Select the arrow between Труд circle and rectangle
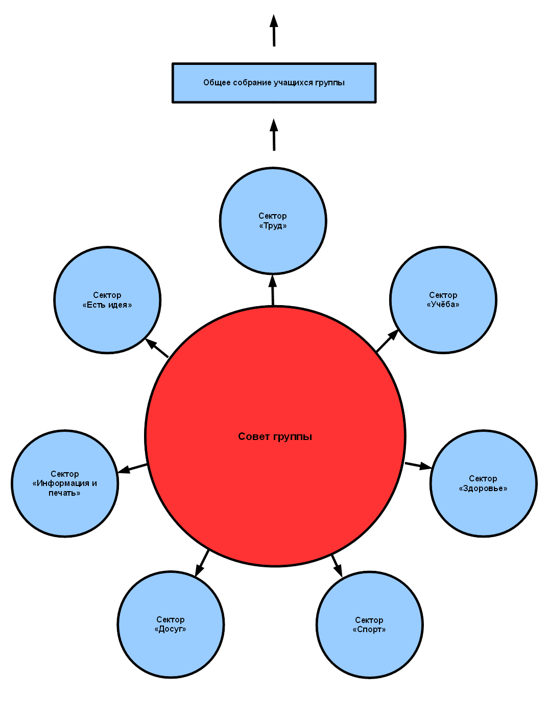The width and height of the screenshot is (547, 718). (x=274, y=135)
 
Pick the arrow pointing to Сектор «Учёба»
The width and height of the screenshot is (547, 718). (x=387, y=341)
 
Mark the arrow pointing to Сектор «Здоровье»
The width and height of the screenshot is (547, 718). (x=418, y=466)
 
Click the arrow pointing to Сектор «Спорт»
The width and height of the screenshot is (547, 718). (x=337, y=565)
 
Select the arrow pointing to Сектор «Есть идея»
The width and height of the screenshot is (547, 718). (x=157, y=348)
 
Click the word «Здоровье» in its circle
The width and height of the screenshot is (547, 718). (x=483, y=489)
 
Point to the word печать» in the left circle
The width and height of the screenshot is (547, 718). (x=64, y=493)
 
